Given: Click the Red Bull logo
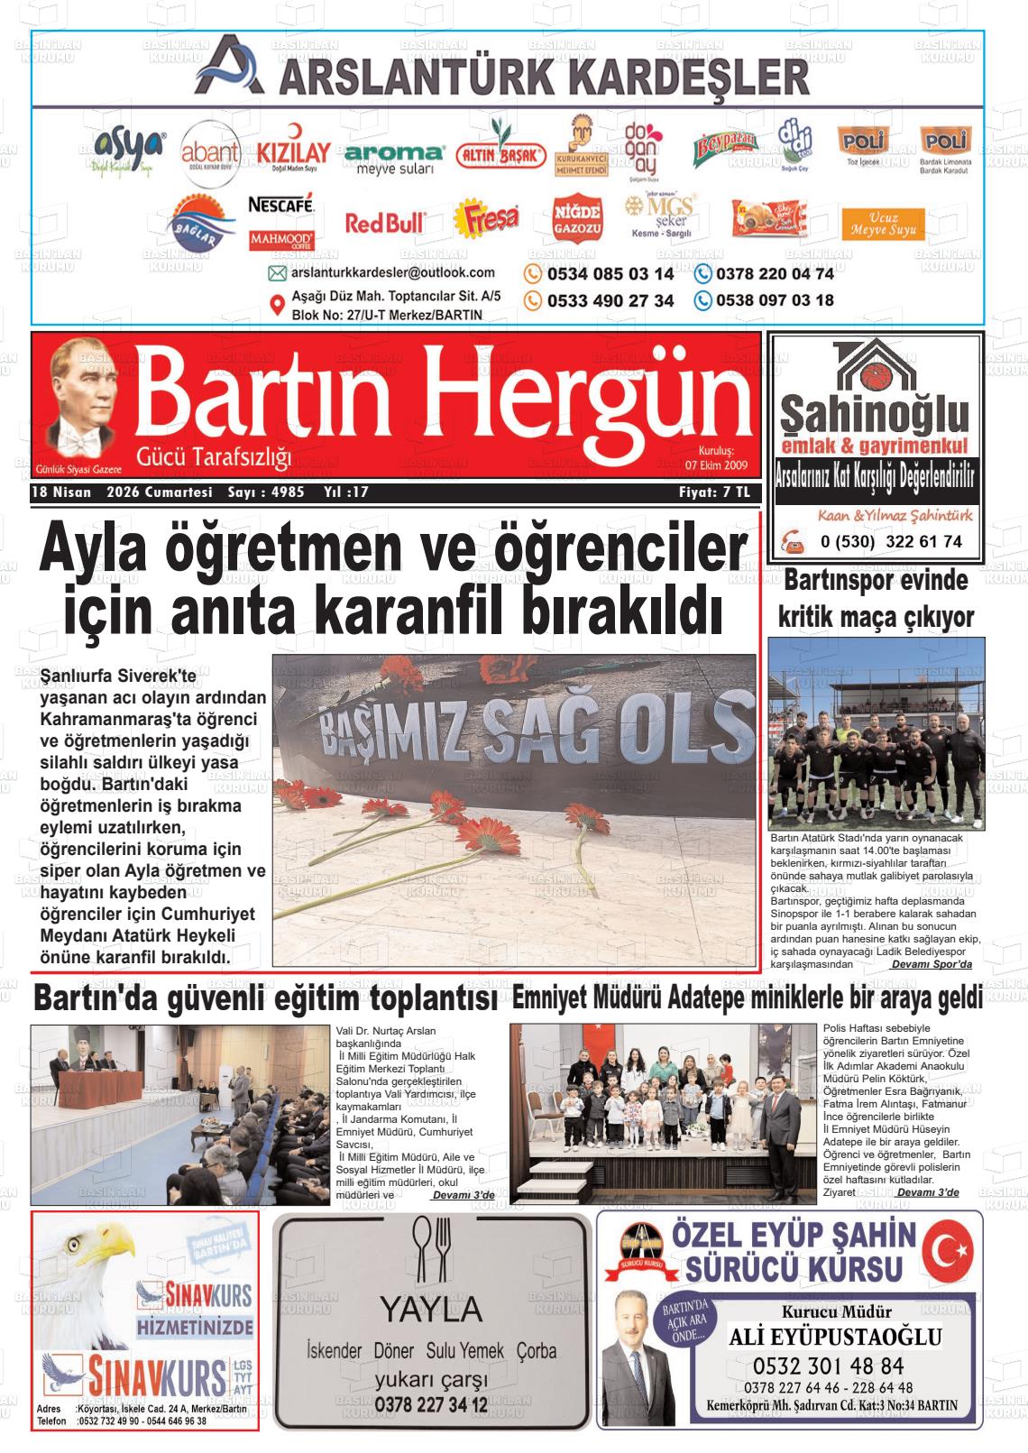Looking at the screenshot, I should point(385,222).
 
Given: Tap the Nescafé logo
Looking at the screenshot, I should point(280,205).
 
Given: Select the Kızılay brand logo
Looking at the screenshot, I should point(292,152).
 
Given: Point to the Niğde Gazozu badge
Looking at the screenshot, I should point(576,220).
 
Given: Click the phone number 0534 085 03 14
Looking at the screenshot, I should point(610,273).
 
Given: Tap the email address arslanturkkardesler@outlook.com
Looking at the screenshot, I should point(393,272).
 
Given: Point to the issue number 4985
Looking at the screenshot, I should point(287,492).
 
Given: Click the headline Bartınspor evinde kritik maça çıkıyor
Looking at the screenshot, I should point(876,598).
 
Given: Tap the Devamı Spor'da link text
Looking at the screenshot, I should point(932,964).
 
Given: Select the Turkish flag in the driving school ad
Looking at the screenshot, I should point(950,1251).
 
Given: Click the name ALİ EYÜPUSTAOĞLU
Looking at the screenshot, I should point(835,1337).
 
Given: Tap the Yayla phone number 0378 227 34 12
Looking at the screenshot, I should point(430,1404).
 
